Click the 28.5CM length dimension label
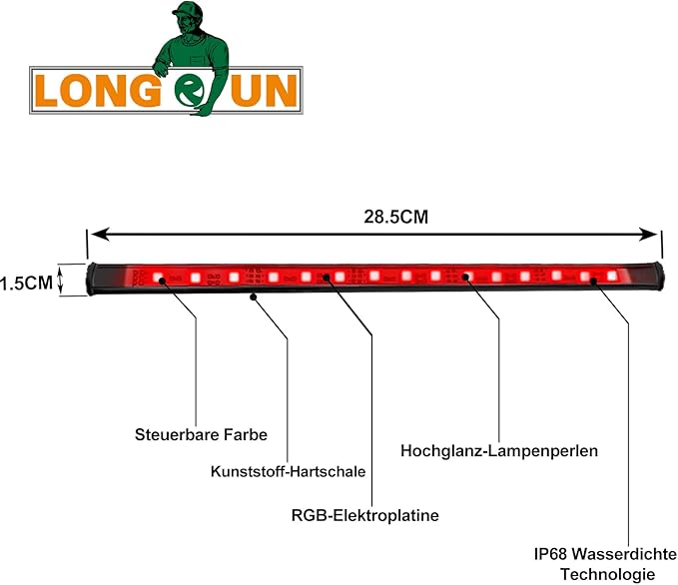(x=395, y=217)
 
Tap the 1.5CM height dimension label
(x=26, y=284)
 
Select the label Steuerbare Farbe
(x=201, y=434)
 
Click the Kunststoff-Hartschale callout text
(x=288, y=471)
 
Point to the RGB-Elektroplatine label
(x=364, y=515)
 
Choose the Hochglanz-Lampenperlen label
(x=499, y=451)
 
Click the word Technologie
(x=607, y=575)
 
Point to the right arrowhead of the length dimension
(x=649, y=235)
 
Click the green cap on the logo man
(x=188, y=10)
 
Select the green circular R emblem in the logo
(x=190, y=91)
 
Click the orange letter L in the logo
(x=45, y=91)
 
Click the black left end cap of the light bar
(x=91, y=279)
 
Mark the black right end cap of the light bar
(x=658, y=279)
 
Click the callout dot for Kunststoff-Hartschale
(x=254, y=297)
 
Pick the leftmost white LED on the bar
(x=157, y=277)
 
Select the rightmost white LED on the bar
(x=611, y=276)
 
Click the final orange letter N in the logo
(x=281, y=91)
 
